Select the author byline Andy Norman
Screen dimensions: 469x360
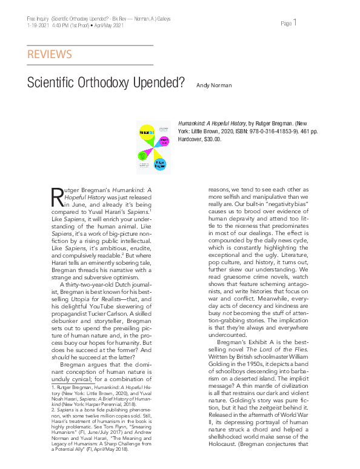[214, 85]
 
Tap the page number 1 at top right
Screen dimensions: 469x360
[295, 23]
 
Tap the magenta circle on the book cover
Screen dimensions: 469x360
[164, 142]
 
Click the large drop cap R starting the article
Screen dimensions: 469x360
[56, 196]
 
